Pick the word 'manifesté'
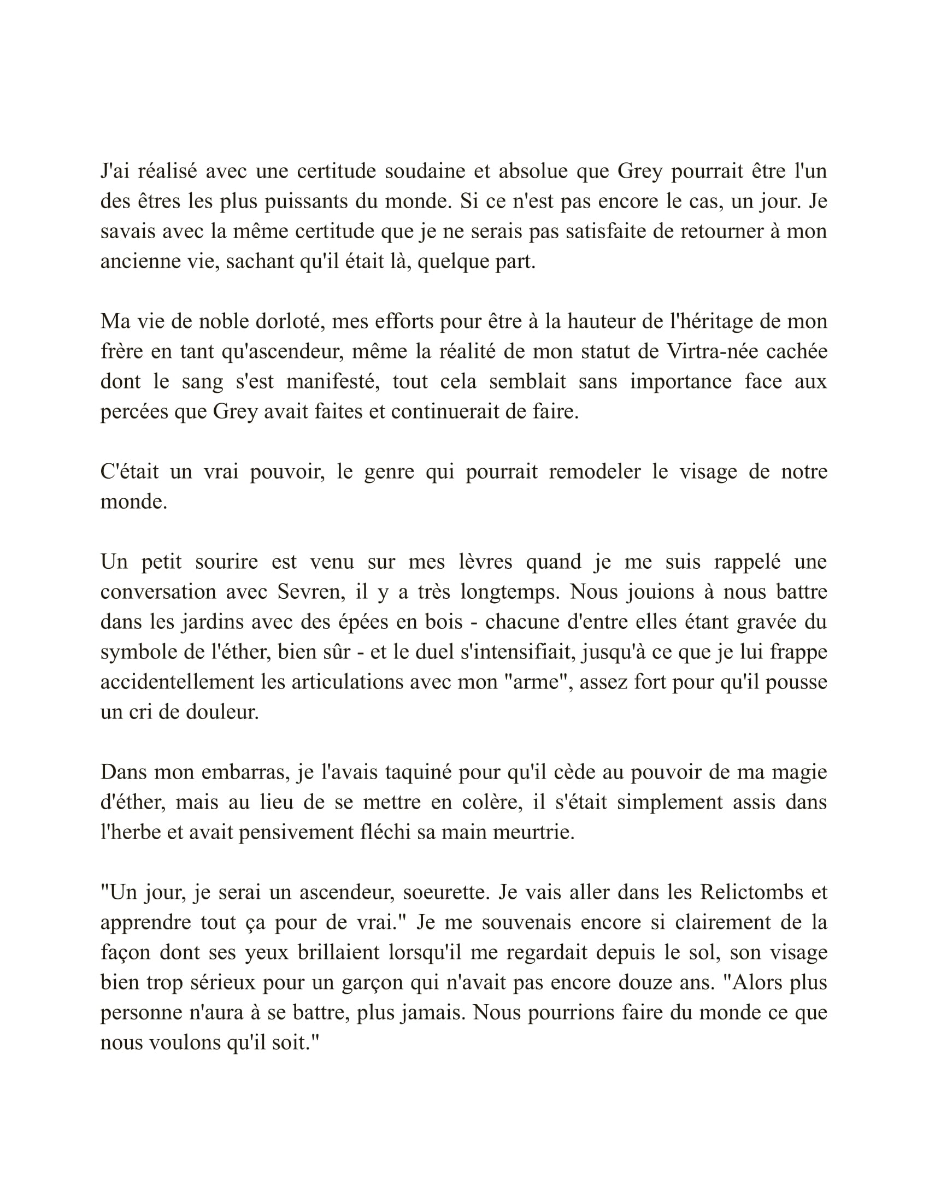coord(333,381)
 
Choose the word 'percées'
coord(132,411)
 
